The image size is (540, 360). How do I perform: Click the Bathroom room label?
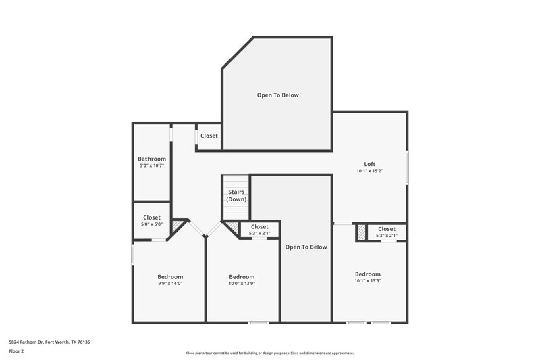click(152, 159)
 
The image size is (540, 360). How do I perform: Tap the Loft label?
click(369, 164)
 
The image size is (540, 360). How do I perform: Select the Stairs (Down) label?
click(236, 196)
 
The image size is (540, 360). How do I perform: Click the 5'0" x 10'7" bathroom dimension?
click(152, 165)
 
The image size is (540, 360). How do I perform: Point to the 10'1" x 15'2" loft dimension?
click(369, 171)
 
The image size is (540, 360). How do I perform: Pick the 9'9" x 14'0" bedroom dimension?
click(170, 284)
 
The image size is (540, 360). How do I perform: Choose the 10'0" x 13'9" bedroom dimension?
click(242, 284)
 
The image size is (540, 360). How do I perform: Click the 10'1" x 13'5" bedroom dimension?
click(368, 280)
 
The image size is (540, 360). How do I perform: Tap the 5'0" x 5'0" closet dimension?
click(152, 224)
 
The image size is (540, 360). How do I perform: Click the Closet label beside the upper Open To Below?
click(209, 136)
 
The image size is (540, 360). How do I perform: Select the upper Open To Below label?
click(277, 95)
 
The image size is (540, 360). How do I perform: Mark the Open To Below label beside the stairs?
click(306, 247)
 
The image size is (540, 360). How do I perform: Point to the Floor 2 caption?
click(17, 351)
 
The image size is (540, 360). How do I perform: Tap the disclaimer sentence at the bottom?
click(270, 353)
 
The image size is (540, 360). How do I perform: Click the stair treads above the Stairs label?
click(236, 183)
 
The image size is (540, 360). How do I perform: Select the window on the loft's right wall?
click(407, 167)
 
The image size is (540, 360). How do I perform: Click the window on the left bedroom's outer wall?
click(132, 255)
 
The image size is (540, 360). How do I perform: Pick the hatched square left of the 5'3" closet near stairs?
click(232, 228)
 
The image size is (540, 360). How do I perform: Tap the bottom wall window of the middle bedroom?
click(259, 322)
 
